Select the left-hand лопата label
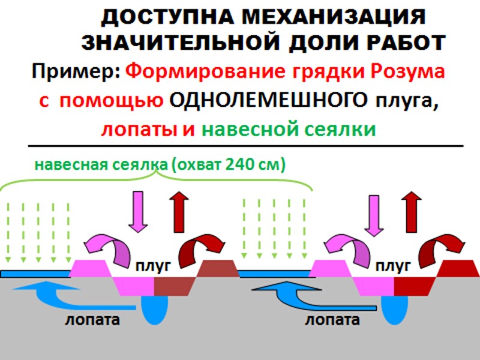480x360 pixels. pyautogui.click(x=92, y=319)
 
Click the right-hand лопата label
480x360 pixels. pyautogui.click(x=332, y=319)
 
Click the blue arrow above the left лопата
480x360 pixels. pyautogui.click(x=51, y=294)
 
